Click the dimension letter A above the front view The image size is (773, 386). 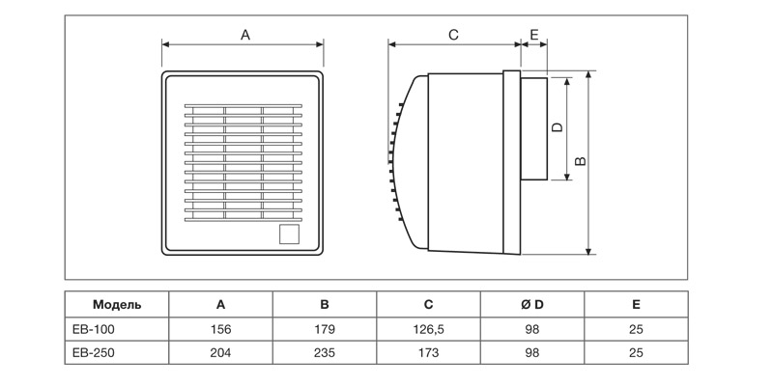tap(245, 34)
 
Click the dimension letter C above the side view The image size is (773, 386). tap(453, 34)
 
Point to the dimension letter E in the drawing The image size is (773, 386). tap(534, 34)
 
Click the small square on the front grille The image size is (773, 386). tap(289, 234)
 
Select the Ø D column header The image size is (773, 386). tap(532, 304)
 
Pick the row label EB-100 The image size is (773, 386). tap(93, 329)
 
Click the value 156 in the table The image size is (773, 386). tap(220, 329)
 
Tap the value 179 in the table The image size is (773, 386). tap(324, 329)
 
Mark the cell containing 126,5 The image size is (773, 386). tap(428, 329)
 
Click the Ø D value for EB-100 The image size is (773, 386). tap(532, 329)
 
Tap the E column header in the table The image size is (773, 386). tap(636, 304)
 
